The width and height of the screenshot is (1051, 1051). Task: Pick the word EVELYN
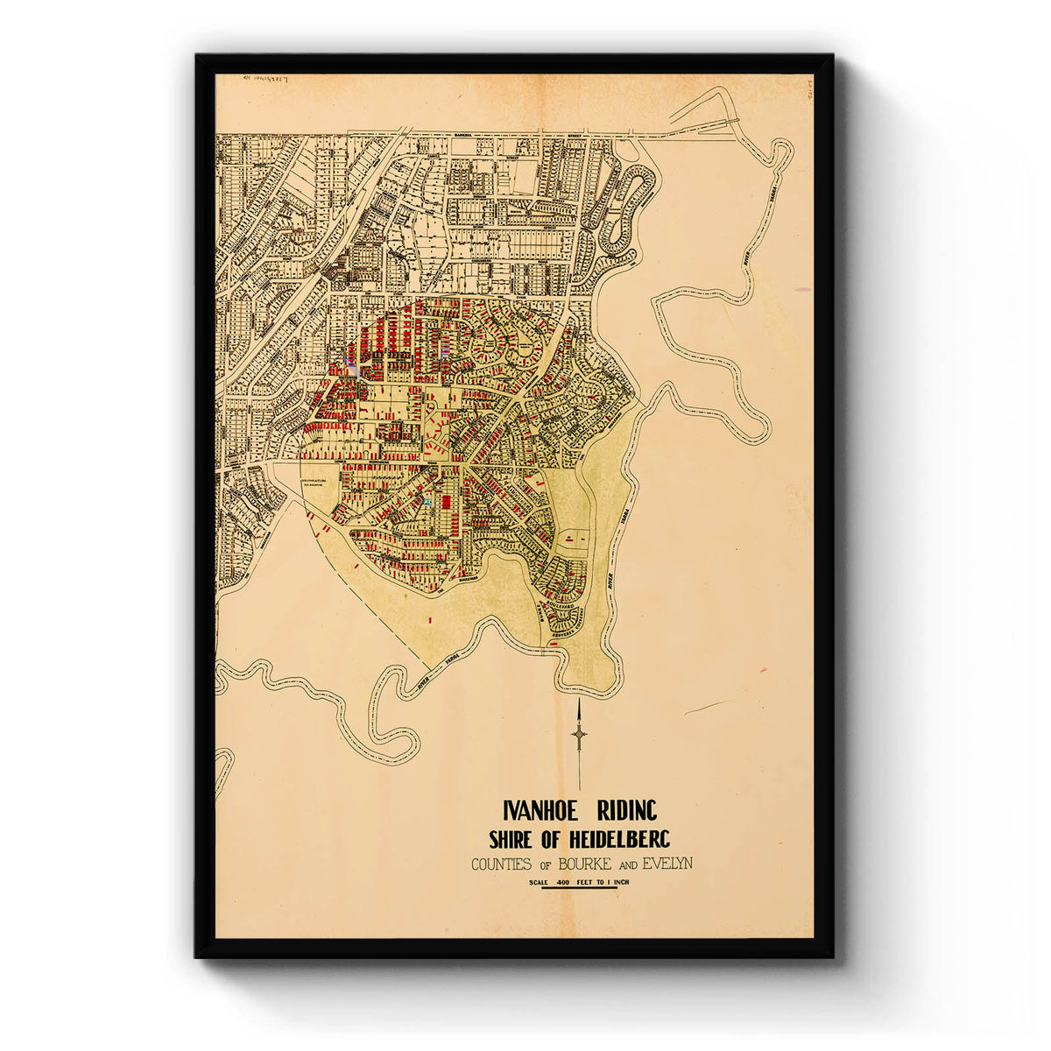[x=667, y=864]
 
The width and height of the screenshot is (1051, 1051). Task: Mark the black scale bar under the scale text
[x=579, y=888]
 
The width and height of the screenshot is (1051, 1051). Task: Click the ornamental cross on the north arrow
[x=579, y=734]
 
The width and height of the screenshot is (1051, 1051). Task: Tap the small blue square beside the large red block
[x=428, y=501]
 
